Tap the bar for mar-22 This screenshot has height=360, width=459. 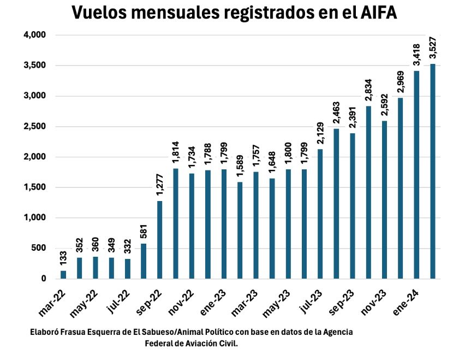[x=63, y=274]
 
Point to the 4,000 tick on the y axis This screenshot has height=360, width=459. [x=35, y=35]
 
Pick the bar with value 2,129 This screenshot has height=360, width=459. [x=320, y=214]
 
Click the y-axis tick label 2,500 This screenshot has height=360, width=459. [x=35, y=126]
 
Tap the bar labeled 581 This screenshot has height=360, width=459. [x=144, y=261]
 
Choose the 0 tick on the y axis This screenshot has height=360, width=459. [x=44, y=279]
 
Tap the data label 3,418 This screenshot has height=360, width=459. [x=416, y=55]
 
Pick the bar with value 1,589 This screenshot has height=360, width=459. [x=240, y=230]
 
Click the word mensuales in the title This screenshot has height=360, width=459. [x=166, y=13]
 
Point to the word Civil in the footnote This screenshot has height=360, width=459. [x=228, y=343]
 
